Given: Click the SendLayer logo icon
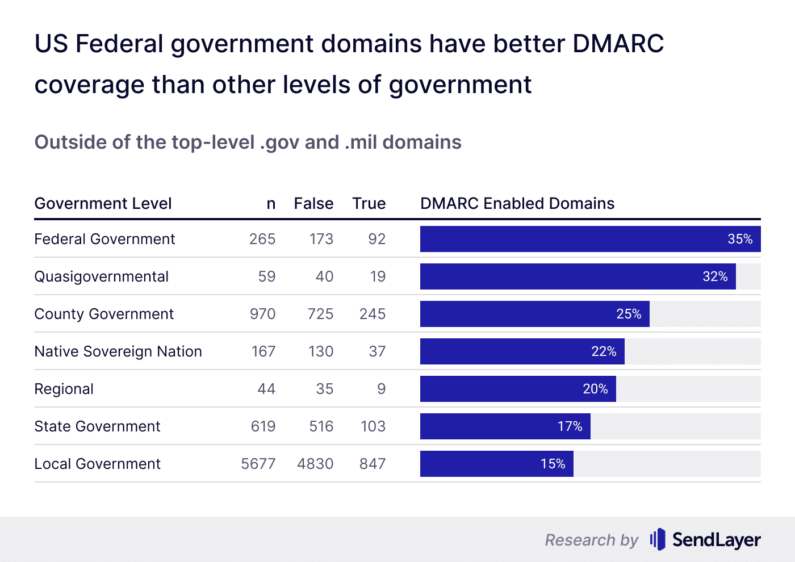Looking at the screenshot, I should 658,539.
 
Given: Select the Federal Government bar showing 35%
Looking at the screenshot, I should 590,239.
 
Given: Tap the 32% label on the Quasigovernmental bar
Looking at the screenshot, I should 715,276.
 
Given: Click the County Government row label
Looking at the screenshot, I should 104,314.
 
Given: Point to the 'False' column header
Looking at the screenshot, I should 313,203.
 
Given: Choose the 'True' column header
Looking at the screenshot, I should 369,203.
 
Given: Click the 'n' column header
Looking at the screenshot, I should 271,204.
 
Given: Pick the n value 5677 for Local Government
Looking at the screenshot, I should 258,464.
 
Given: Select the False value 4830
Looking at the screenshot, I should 315,464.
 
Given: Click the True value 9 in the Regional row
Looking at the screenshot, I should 381,389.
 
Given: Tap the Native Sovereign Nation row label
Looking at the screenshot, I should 118,351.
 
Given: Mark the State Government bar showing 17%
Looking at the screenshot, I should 505,426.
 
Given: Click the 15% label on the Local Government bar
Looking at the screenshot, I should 553,464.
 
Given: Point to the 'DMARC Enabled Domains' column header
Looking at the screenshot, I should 517,203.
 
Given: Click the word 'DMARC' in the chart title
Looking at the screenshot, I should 618,44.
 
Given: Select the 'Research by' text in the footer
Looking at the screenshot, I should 591,540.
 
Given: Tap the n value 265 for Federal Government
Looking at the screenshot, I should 262,239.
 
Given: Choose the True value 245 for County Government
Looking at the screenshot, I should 373,314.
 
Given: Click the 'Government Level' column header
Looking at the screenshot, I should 103,203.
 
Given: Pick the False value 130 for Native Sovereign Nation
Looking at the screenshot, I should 321,351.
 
